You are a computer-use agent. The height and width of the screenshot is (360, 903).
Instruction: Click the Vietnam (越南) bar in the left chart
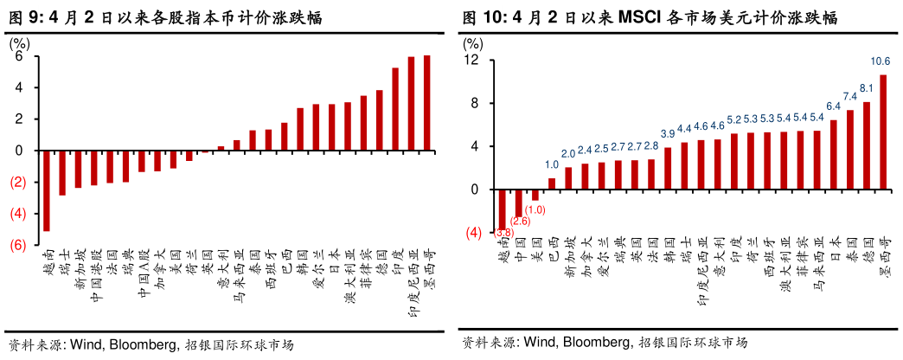pyautogui.click(x=46, y=190)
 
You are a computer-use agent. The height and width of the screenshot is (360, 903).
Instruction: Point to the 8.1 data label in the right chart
pyautogui.click(x=866, y=88)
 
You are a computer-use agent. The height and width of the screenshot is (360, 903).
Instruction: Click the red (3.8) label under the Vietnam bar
pyautogui.click(x=503, y=233)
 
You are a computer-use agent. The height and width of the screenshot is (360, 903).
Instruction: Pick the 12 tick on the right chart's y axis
pyautogui.click(x=471, y=61)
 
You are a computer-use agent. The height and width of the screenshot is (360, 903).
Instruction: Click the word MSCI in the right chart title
pyautogui.click(x=642, y=17)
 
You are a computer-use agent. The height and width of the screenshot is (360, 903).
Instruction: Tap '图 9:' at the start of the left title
pyautogui.click(x=24, y=18)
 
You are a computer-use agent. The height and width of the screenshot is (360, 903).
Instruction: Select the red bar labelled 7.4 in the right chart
pyautogui.click(x=850, y=150)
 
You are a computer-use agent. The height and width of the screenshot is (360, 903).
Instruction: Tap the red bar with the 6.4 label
pyautogui.click(x=834, y=155)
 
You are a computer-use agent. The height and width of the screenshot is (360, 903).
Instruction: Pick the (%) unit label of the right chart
pyautogui.click(x=475, y=42)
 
